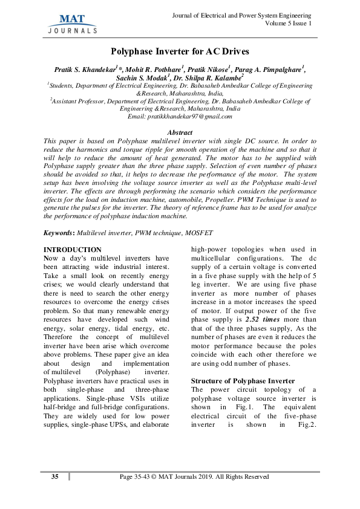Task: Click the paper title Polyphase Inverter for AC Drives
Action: pyautogui.click(x=180, y=53)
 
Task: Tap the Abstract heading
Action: pyautogui.click(x=180, y=132)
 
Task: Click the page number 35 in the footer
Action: pyautogui.click(x=54, y=477)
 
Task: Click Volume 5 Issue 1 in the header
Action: pyautogui.click(x=288, y=23)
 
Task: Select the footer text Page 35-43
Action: pyautogui.click(x=136, y=477)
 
